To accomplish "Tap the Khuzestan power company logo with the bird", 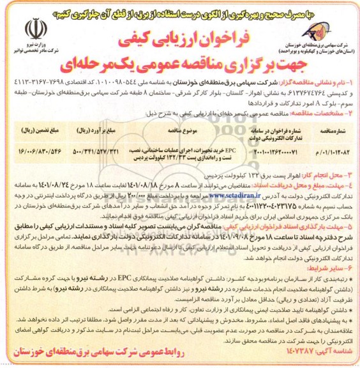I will click(x=326, y=29).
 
